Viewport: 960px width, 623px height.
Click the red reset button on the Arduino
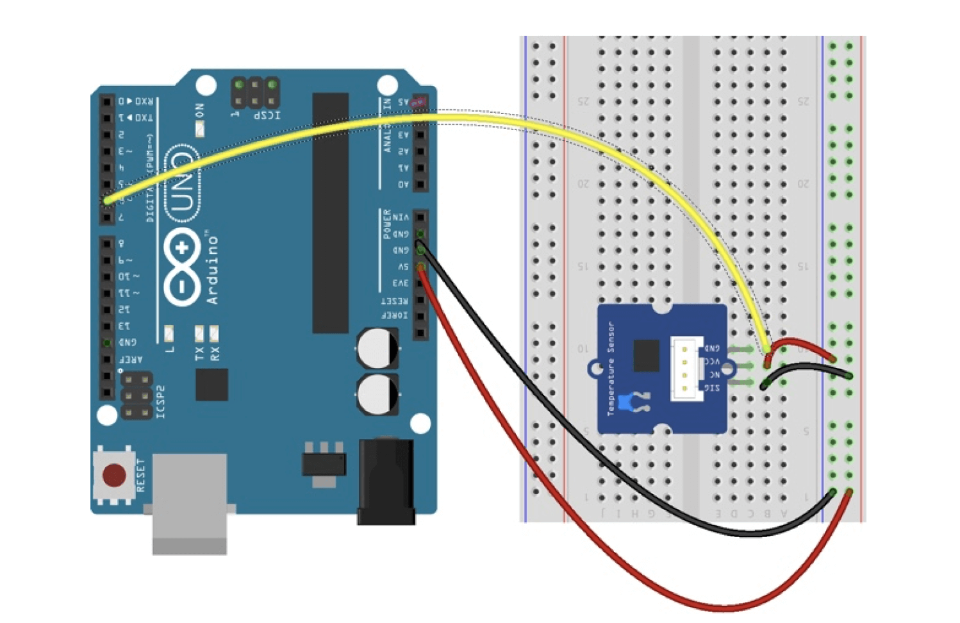point(115,476)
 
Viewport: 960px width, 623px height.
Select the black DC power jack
point(385,481)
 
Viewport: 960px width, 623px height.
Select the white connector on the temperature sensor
point(685,369)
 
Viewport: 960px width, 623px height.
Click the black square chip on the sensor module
point(646,356)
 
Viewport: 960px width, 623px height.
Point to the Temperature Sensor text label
point(611,368)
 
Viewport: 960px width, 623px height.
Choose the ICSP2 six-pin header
point(137,395)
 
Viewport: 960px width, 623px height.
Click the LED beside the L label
point(169,333)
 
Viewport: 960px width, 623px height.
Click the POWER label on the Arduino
point(387,224)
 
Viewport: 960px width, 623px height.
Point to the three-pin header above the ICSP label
point(255,93)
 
